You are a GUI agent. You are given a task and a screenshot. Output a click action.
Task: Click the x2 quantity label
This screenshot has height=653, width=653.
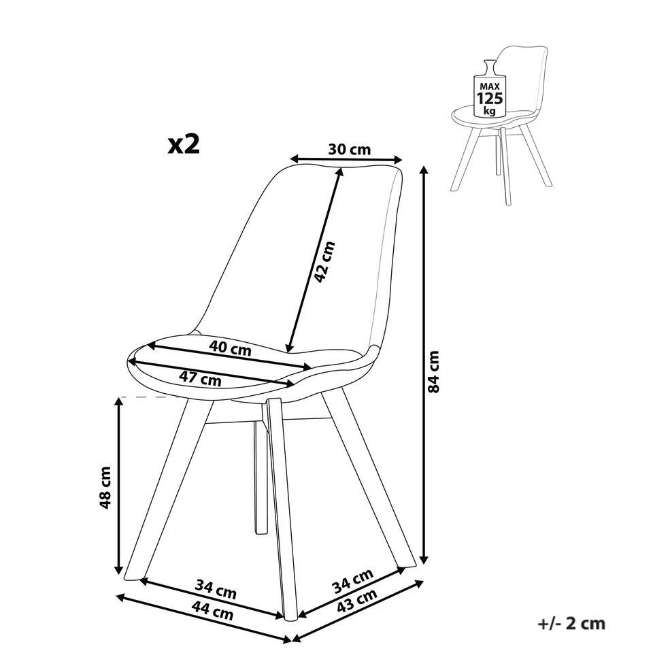[x=184, y=144]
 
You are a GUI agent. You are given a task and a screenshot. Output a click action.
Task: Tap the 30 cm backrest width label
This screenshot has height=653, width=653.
[x=349, y=149]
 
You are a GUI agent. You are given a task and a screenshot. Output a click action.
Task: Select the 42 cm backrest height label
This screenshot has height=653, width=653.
[x=324, y=262]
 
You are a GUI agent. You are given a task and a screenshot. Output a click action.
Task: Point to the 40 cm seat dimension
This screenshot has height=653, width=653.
[x=231, y=348]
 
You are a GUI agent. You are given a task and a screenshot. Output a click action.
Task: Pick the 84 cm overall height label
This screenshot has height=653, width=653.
[x=433, y=372]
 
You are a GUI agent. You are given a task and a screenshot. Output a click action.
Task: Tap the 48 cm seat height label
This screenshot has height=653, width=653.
[x=105, y=487]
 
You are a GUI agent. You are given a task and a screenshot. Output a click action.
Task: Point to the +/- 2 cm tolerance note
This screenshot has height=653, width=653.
[x=571, y=624]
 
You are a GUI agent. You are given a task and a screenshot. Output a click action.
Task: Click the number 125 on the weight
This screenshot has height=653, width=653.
[x=490, y=99]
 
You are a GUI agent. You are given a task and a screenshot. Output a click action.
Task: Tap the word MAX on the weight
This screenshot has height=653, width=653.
[x=490, y=86]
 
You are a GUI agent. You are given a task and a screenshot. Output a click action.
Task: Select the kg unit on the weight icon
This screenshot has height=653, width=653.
[x=489, y=111]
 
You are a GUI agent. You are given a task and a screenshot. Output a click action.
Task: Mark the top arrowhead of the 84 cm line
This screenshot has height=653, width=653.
[x=424, y=170]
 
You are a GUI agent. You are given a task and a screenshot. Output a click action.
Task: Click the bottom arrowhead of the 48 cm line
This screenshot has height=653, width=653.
[x=119, y=569]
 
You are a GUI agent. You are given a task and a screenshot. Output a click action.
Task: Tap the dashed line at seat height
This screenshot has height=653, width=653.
[x=151, y=397]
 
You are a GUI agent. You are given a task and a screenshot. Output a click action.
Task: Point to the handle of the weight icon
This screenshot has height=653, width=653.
[x=490, y=67]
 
